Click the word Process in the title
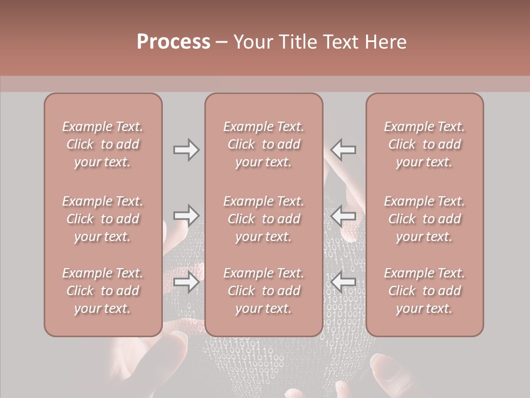173,42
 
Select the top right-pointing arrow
186,150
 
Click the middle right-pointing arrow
186,215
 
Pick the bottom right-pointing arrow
186,282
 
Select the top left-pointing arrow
343,149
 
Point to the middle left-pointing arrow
343,215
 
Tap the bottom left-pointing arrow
343,281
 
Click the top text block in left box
103,144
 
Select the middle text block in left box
103,219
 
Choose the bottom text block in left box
103,291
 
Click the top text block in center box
263,144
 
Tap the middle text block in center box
263,219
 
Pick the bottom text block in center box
263,291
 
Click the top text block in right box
424,144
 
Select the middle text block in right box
424,219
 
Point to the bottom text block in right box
424,291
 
